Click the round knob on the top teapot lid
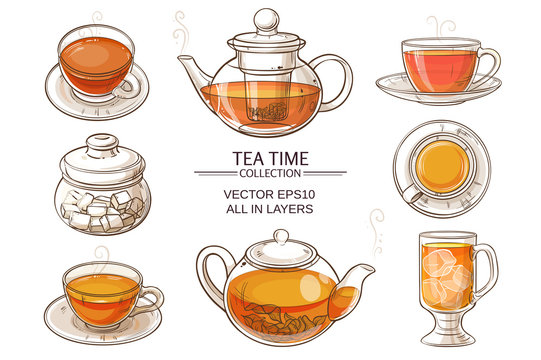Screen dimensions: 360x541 pyautogui.click(x=265, y=19)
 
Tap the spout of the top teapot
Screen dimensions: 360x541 pyautogui.click(x=190, y=71)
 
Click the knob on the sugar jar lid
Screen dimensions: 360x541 pyautogui.click(x=102, y=143)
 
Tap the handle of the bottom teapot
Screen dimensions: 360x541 pyautogui.click(x=209, y=276)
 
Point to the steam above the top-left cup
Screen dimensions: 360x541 pyautogui.click(x=96, y=18)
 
